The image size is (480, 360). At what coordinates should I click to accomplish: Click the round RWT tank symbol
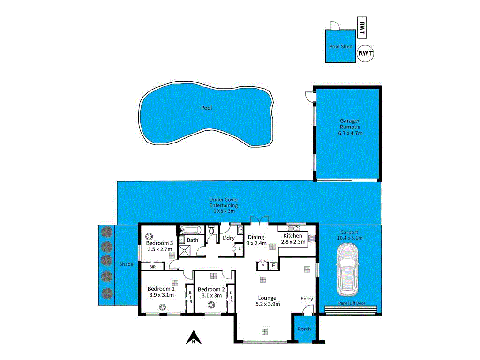[x=366, y=53]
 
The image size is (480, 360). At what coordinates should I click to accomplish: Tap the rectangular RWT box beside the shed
[x=361, y=29]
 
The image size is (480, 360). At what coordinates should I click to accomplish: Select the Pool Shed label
[x=341, y=46]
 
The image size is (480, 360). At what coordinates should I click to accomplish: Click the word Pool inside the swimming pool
[x=207, y=108]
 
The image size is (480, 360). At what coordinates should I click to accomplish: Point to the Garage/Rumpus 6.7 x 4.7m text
[x=351, y=127]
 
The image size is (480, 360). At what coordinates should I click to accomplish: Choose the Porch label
[x=304, y=329]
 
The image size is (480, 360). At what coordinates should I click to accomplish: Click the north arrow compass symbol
[x=193, y=337]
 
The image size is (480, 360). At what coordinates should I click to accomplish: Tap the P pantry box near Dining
[x=262, y=266]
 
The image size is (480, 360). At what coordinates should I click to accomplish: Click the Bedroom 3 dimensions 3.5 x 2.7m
[x=159, y=249]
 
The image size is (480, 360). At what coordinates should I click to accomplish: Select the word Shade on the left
[x=126, y=264]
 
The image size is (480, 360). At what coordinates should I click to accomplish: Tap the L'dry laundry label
[x=229, y=238]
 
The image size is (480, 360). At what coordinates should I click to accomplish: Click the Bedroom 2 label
[x=211, y=289]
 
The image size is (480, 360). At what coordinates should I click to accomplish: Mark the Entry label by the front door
[x=307, y=299]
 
